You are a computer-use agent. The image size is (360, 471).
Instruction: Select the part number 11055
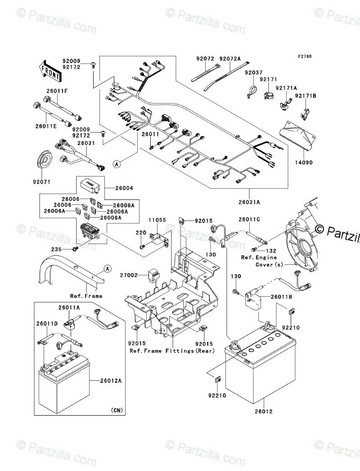pyautogui.click(x=157, y=220)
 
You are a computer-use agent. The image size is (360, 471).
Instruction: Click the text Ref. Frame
pyautogui.click(x=86, y=296)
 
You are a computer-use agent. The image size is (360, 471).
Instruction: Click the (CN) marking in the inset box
pyautogui.click(x=115, y=410)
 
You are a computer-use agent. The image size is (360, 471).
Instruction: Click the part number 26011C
pyautogui.click(x=249, y=219)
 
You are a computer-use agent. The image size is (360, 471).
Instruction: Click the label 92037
pyautogui.click(x=253, y=72)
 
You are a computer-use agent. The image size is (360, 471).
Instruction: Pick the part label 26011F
pyautogui.click(x=56, y=91)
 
